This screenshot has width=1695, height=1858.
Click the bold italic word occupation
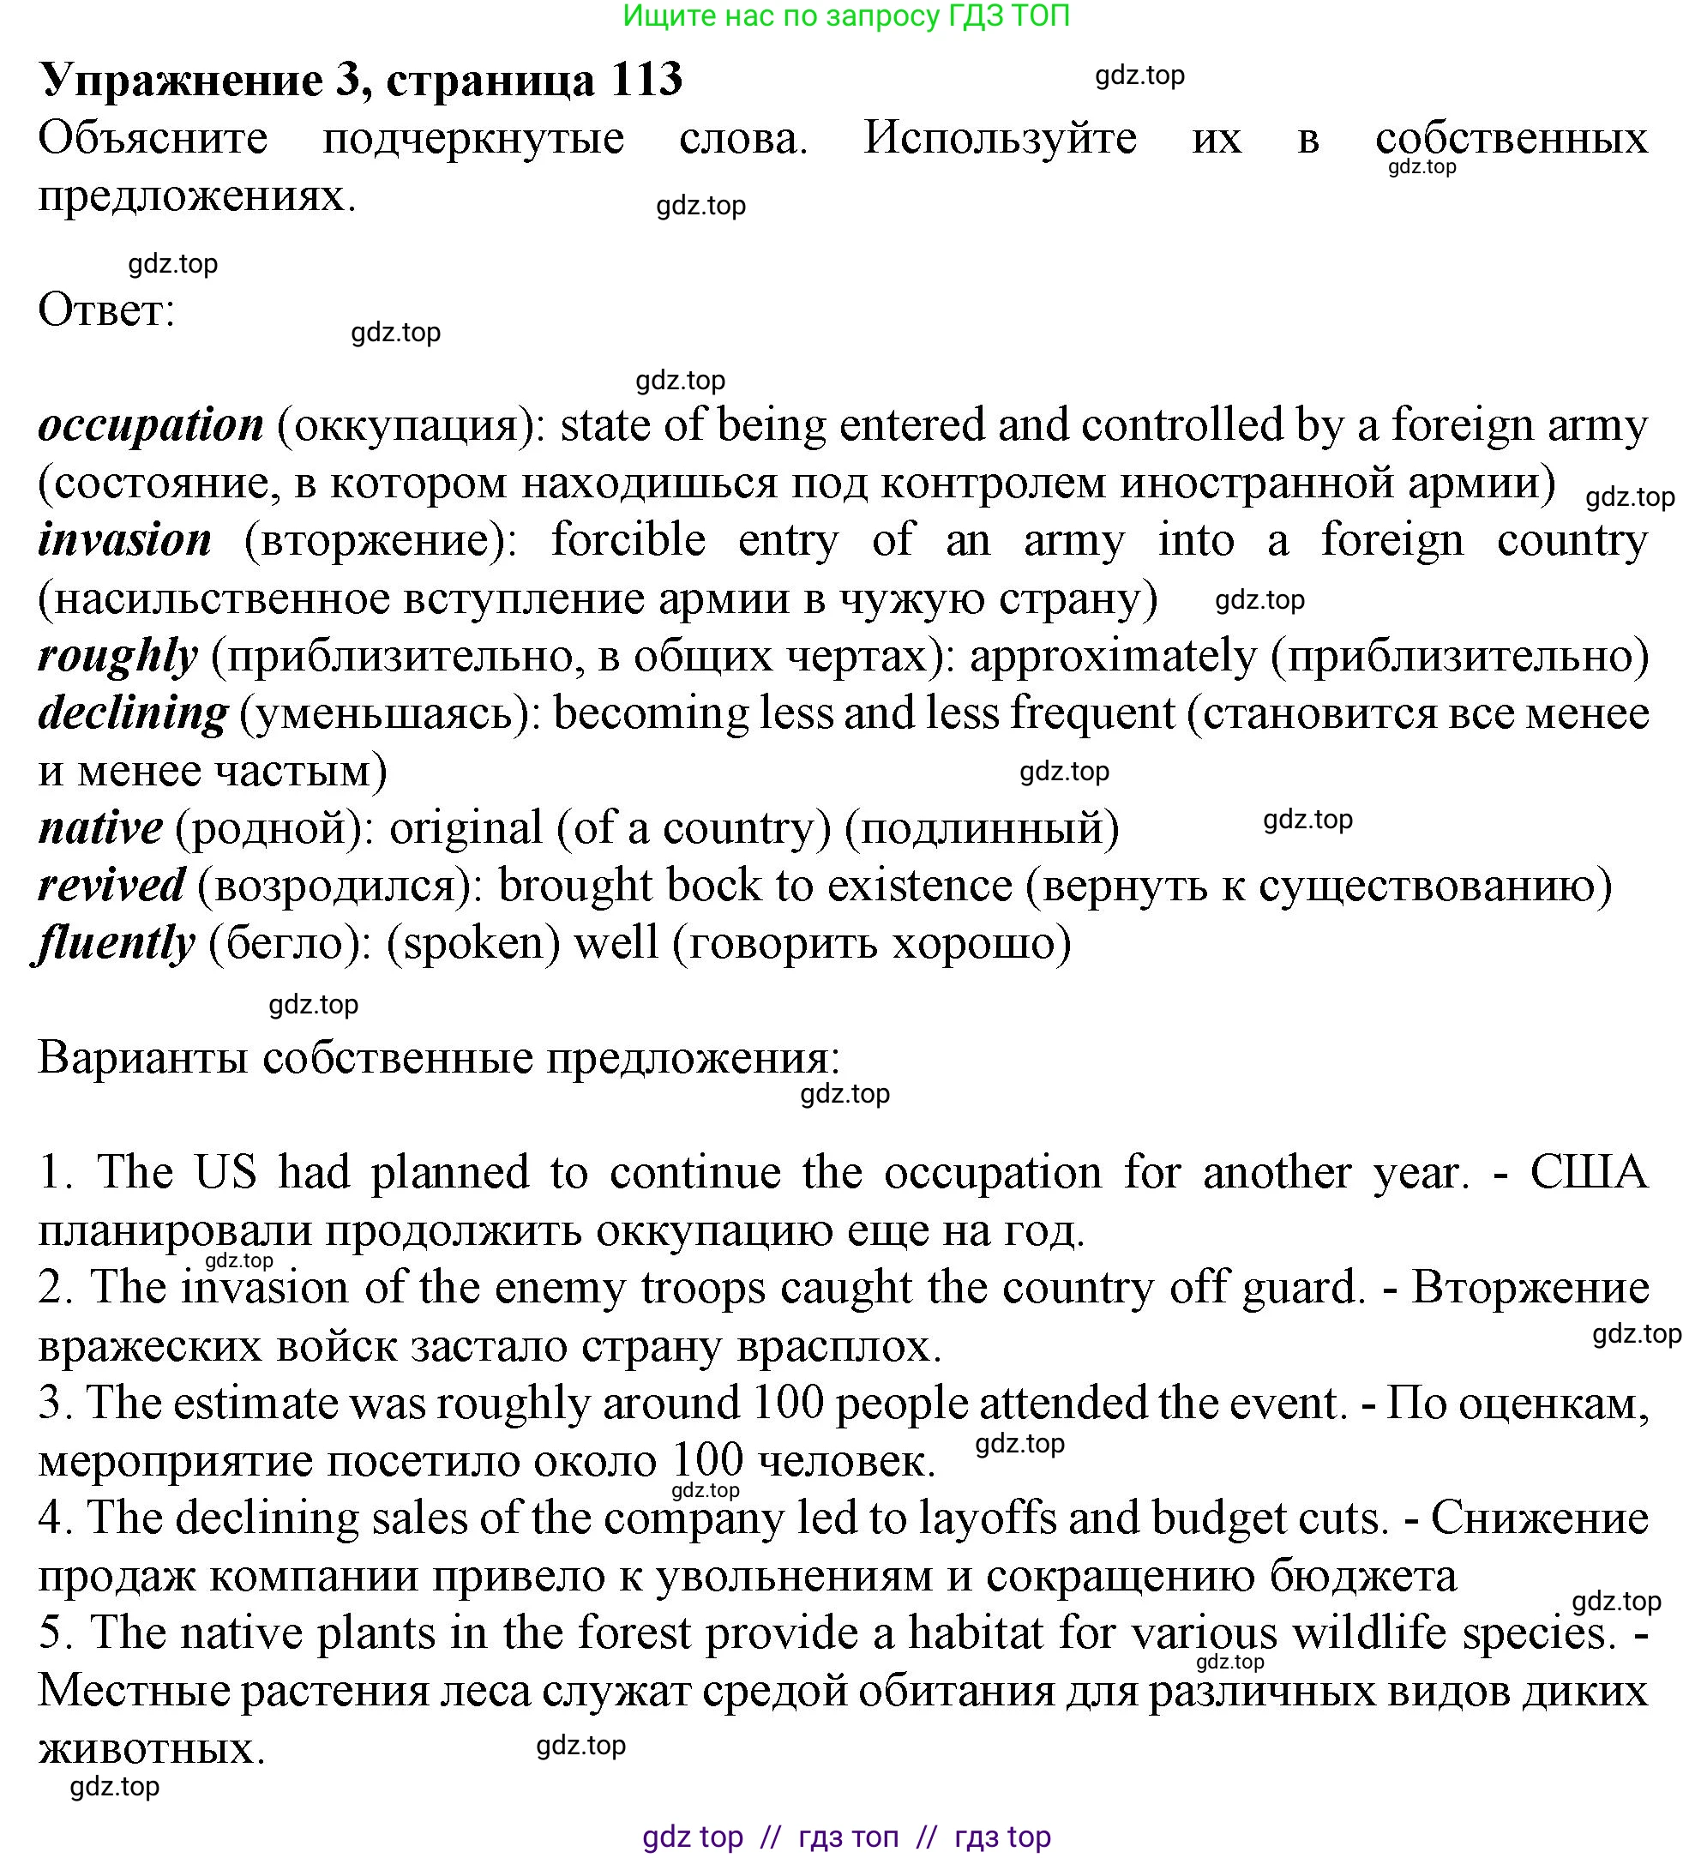click(151, 426)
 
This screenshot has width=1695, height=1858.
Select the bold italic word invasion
click(125, 540)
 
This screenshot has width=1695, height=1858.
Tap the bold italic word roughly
click(118, 656)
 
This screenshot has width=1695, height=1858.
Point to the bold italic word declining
click(133, 713)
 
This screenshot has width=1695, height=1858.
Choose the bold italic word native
click(100, 827)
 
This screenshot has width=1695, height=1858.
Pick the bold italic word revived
click(111, 885)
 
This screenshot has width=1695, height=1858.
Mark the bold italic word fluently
click(115, 943)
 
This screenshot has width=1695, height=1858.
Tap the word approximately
click(1114, 656)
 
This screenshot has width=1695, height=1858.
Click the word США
click(1588, 1172)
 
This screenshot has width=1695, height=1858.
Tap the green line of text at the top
click(846, 15)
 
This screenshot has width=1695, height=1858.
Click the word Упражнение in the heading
click(182, 79)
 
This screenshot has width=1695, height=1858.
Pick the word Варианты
click(143, 1057)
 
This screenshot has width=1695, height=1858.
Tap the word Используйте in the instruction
click(1000, 138)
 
